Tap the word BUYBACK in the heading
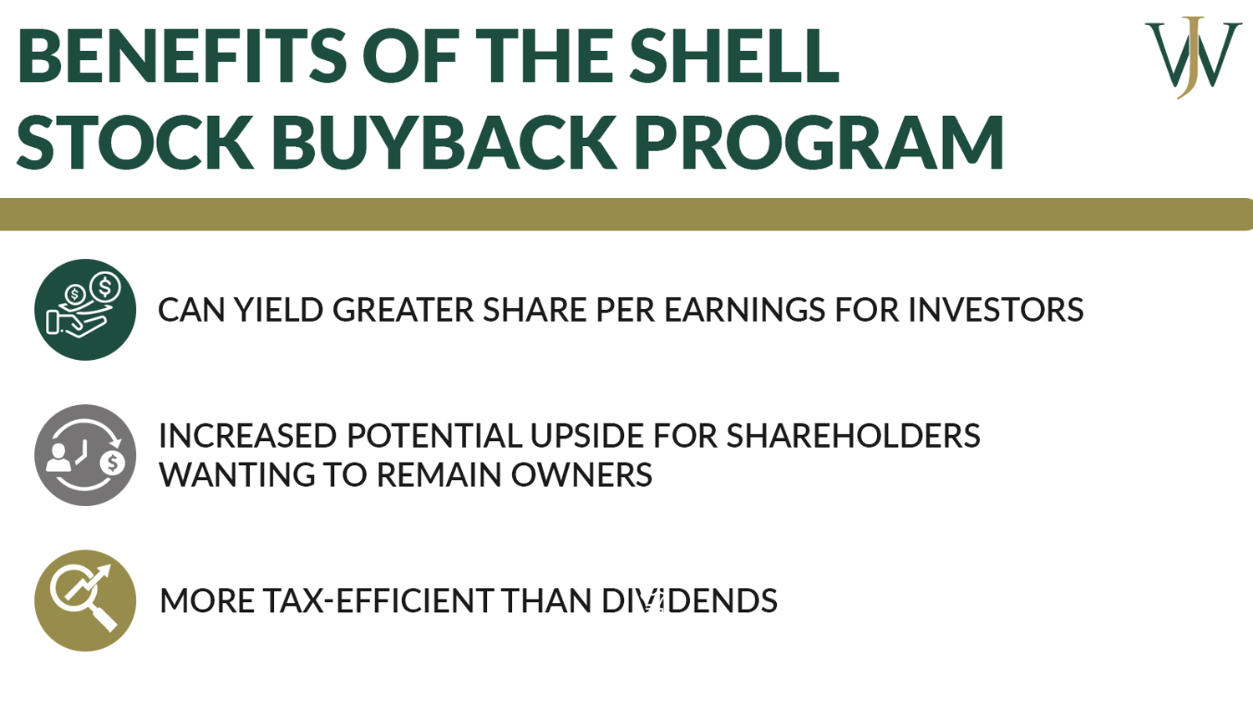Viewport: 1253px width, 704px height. pyautogui.click(x=444, y=142)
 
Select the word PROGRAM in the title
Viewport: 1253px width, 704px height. pyautogui.click(x=819, y=142)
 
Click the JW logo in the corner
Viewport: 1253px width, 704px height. pyautogui.click(x=1193, y=56)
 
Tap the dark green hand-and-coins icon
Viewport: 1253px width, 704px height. pyautogui.click(x=85, y=310)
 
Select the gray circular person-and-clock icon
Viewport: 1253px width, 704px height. pyautogui.click(x=85, y=455)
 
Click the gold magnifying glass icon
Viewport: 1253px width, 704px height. pyautogui.click(x=85, y=600)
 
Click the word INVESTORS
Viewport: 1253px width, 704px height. pyautogui.click(x=996, y=311)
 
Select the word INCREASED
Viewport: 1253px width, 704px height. pyautogui.click(x=247, y=436)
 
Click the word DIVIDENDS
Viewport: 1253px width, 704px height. pyautogui.click(x=689, y=601)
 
